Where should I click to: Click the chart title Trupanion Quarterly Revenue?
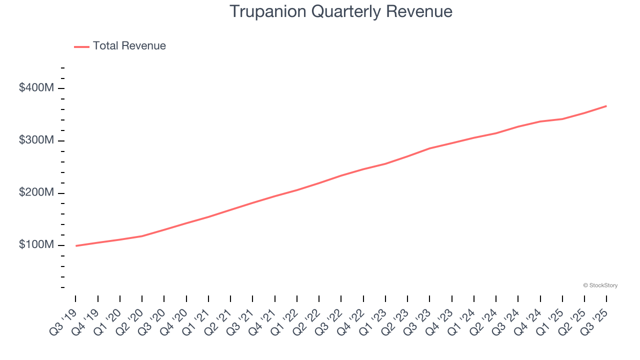point(341,11)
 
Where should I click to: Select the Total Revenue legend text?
point(129,46)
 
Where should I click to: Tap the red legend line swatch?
point(81,46)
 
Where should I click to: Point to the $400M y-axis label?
point(36,88)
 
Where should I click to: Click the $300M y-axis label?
point(36,140)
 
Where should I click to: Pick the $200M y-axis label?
point(36,193)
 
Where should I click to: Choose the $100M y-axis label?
point(36,245)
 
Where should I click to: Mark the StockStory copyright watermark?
point(600,285)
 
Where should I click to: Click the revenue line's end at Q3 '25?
point(606,106)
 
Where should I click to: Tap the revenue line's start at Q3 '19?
point(76,245)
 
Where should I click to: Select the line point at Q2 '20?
point(142,236)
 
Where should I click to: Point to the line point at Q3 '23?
point(429,148)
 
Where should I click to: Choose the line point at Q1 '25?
point(562,119)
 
